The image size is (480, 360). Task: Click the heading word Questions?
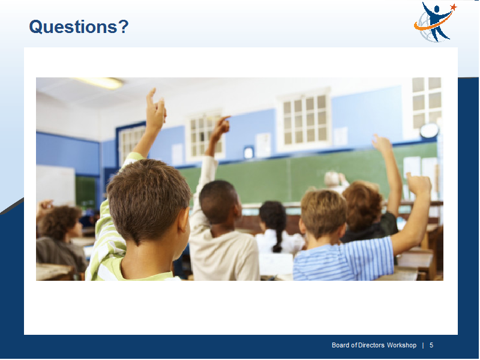(x=79, y=27)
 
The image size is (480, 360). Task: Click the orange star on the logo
(x=453, y=7)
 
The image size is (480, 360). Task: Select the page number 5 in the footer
(x=431, y=346)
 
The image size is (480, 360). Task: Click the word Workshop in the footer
(x=401, y=346)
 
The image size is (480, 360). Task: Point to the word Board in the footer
(x=341, y=346)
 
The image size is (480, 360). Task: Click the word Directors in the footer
(x=371, y=346)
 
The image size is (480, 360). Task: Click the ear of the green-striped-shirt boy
(x=184, y=220)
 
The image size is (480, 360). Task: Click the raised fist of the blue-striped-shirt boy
(x=418, y=184)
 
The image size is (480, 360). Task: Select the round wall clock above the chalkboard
(x=429, y=131)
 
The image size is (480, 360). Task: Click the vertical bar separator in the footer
(x=423, y=346)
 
